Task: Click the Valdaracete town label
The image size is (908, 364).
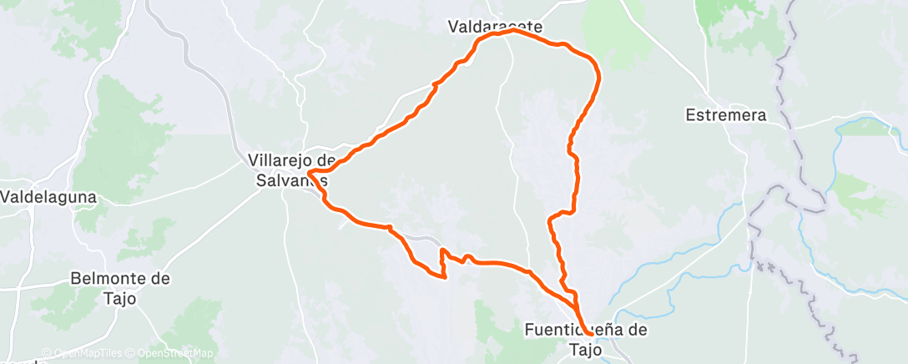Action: click(x=495, y=27)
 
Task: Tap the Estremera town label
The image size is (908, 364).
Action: click(x=724, y=115)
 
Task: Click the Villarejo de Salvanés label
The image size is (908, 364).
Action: click(x=292, y=169)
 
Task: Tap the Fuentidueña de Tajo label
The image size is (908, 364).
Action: click(x=586, y=339)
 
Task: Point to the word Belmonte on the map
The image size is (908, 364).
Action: click(x=110, y=278)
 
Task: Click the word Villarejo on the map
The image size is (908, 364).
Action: click(x=282, y=159)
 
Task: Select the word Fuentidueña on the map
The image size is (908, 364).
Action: click(x=567, y=330)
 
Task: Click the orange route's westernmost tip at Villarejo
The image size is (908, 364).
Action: click(x=309, y=174)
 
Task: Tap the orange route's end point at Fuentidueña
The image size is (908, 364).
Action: click(x=588, y=334)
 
